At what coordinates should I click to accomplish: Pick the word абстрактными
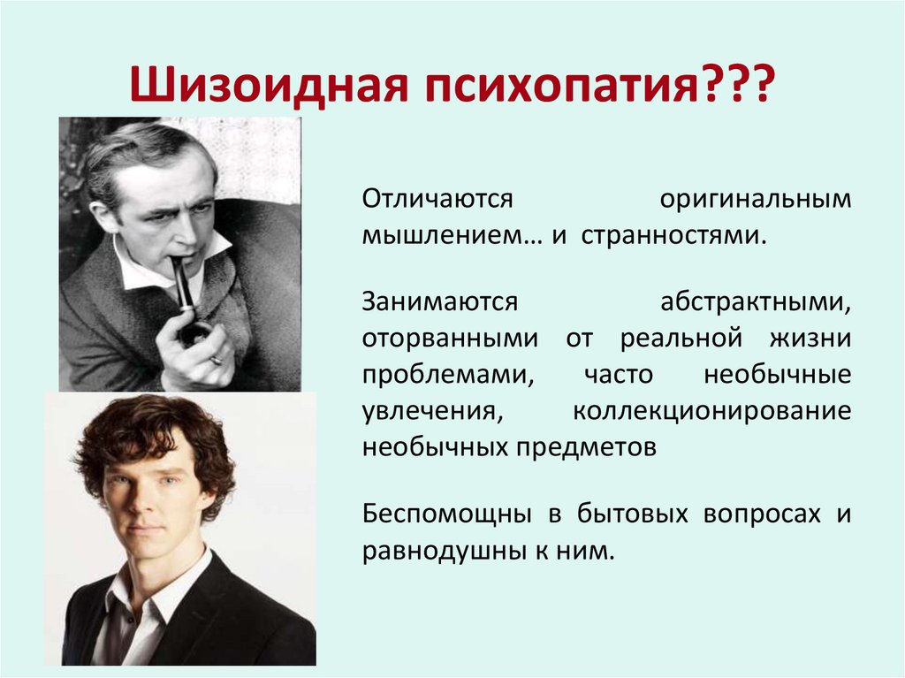[x=756, y=301]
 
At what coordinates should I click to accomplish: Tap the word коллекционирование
[x=711, y=411]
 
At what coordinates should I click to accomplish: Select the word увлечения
[x=422, y=411]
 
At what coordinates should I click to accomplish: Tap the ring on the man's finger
[x=217, y=361]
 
